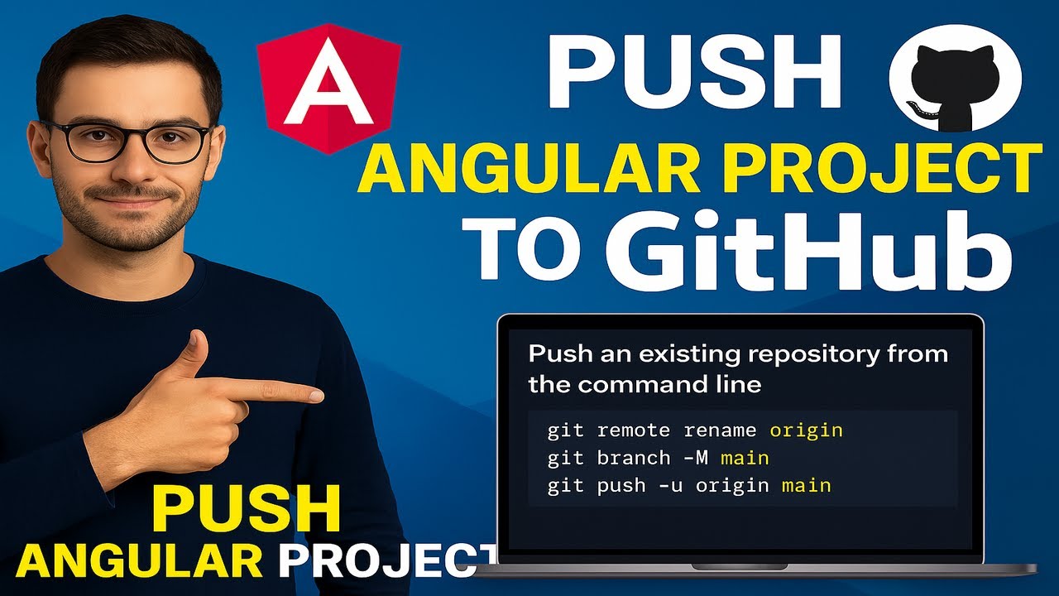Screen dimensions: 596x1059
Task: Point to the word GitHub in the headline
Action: tap(809, 247)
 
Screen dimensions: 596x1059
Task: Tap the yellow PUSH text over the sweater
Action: tap(247, 508)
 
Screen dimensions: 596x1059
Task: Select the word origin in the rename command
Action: tap(806, 430)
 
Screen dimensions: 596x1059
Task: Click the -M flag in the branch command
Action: tap(689, 458)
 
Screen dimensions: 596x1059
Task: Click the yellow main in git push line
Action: tap(806, 485)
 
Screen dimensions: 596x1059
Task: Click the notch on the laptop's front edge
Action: tap(740, 566)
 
